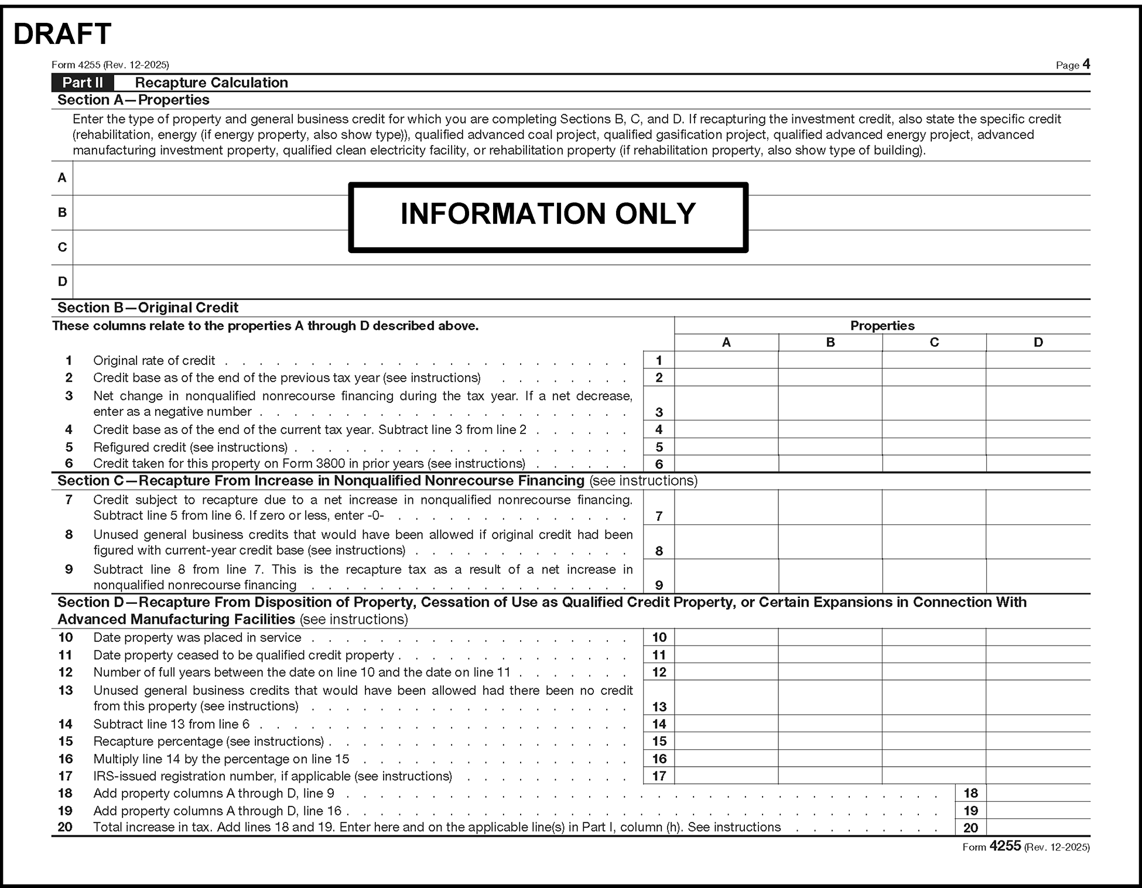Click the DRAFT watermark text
pos(62,34)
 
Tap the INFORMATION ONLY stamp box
pos(548,217)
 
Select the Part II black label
pos(83,83)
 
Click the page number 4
pos(1086,64)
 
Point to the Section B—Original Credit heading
pos(148,308)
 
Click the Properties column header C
pos(934,342)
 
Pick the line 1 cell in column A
pos(726,360)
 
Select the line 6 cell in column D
pos(1038,463)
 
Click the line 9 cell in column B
pos(830,576)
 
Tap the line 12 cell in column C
pos(934,671)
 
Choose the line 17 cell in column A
pos(726,776)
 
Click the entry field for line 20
pos(1038,827)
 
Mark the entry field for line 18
pos(1038,793)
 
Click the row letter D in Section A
pos(62,281)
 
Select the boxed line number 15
pos(659,741)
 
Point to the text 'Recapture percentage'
pos(158,741)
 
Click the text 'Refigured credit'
pos(139,447)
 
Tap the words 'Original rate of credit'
pos(154,360)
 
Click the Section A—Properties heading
pos(133,100)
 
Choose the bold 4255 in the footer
pos(1005,846)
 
